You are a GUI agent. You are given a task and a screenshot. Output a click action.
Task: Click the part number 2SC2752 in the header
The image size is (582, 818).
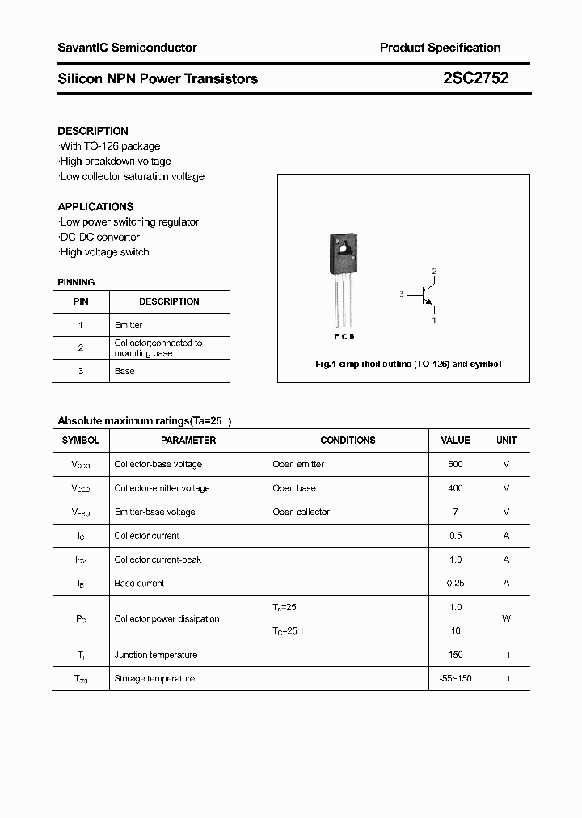pos(475,78)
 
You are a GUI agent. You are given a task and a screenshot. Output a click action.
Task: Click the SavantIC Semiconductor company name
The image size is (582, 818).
pos(127,48)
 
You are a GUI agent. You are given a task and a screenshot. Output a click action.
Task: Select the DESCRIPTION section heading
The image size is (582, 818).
pos(93,131)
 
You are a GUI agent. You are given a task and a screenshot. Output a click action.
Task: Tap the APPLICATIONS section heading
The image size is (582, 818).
pos(95,206)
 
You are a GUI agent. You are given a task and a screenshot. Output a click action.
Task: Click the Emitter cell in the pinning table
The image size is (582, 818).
pos(129,325)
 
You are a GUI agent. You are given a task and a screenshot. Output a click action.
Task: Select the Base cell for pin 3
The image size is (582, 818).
pos(124,371)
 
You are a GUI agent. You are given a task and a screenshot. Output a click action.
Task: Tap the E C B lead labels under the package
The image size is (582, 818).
pos(344,336)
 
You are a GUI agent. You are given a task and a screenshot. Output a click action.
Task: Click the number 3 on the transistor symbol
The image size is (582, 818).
pos(401,295)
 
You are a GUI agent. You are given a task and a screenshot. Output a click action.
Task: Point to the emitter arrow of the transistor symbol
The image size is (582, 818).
pos(430,305)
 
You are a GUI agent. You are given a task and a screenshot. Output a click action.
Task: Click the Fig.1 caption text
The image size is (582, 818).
pos(407,364)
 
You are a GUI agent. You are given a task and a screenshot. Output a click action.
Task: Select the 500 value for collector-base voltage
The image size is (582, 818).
pos(455,464)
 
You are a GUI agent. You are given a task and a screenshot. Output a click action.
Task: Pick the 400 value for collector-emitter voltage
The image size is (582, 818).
pos(455,488)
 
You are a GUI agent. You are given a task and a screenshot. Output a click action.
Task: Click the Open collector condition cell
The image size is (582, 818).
pos(301,512)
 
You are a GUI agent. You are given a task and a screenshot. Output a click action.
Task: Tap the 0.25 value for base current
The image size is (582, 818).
pos(455,583)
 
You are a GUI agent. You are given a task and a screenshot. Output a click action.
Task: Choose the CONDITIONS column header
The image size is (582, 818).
pos(348,441)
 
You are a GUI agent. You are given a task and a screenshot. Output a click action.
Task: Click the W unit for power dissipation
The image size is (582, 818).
pos(506,618)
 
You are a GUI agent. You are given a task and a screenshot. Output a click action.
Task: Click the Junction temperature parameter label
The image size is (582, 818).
pos(155,655)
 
